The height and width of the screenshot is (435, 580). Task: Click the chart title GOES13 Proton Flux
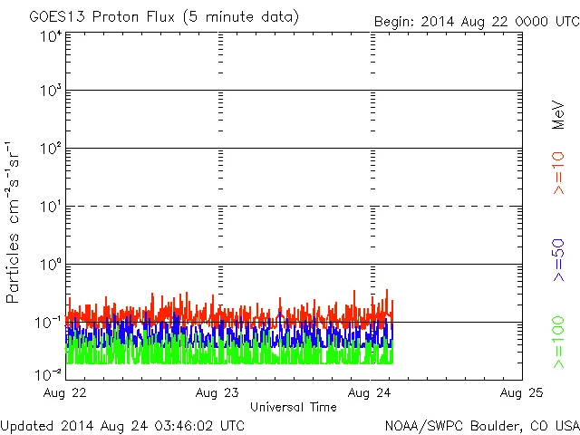coord(164,17)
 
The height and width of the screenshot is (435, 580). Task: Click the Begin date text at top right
coord(476,21)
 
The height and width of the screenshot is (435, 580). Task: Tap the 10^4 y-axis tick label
coord(51,36)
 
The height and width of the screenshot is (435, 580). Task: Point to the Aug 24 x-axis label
coord(372,393)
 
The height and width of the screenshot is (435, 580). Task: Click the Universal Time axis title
coord(294,407)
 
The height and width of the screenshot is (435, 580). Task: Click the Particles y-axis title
coord(13,223)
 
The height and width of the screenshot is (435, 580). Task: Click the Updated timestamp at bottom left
coord(123,424)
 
